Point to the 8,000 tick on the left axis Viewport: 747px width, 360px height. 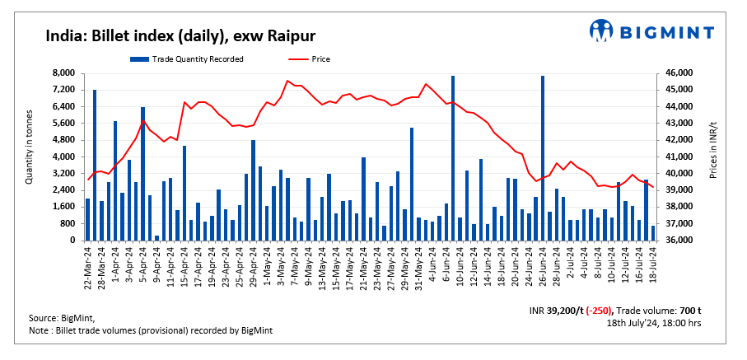[x=63, y=73]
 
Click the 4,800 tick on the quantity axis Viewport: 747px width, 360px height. [x=63, y=140]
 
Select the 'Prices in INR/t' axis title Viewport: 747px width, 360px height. [x=714, y=147]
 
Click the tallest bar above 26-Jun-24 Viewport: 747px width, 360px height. [x=542, y=157]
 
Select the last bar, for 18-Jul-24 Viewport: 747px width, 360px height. [x=653, y=233]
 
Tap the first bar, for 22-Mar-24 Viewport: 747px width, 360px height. [x=87, y=219]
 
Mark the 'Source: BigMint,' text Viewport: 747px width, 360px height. [x=62, y=318]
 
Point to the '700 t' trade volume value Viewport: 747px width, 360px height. [x=690, y=311]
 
